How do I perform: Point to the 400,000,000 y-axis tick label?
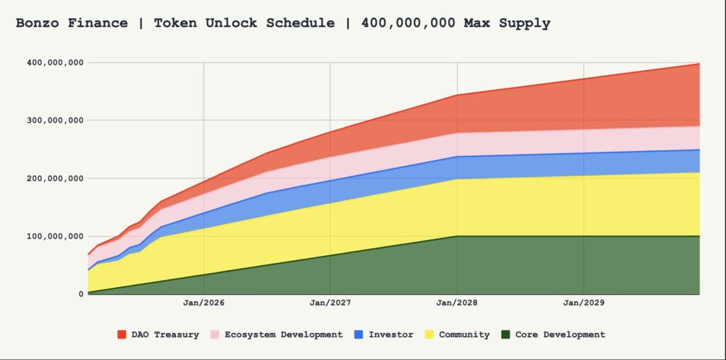click(x=55, y=62)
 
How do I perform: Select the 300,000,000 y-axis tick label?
click(x=55, y=120)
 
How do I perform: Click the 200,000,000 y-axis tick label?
click(x=55, y=179)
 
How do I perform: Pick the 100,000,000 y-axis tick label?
click(x=55, y=236)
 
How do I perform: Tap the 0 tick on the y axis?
click(x=81, y=294)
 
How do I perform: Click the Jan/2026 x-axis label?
click(x=203, y=303)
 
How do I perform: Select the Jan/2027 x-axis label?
click(x=330, y=303)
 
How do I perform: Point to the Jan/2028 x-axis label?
click(x=457, y=303)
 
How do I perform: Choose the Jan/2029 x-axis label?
click(x=583, y=303)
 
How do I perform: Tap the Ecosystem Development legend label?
click(x=284, y=334)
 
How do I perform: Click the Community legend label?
click(x=464, y=334)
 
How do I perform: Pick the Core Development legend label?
click(x=560, y=334)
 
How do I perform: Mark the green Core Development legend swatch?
click(x=506, y=334)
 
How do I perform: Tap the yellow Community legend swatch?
click(x=429, y=334)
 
